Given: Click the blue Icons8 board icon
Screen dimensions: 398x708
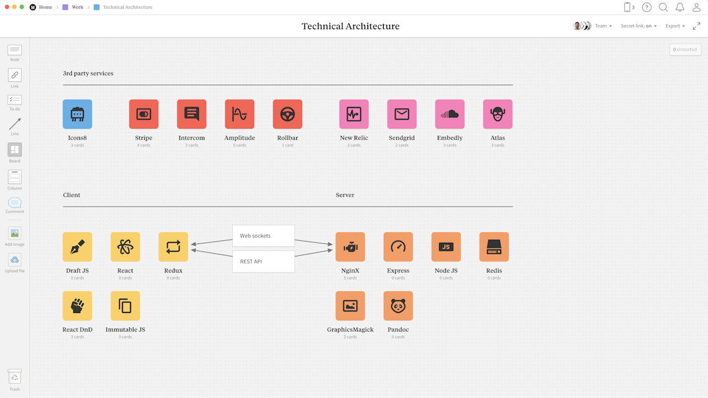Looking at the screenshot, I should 77,114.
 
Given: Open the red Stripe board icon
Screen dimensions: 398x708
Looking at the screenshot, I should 143,114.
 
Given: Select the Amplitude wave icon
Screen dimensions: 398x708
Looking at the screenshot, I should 240,114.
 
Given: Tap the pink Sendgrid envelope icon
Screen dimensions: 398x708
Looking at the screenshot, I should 402,114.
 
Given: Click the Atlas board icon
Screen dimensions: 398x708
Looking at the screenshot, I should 497,114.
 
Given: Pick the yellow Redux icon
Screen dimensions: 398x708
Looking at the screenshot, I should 173,247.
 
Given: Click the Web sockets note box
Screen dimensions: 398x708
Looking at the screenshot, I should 263,236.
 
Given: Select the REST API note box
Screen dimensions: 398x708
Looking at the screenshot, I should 263,261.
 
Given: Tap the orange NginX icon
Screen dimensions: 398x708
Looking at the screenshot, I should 350,247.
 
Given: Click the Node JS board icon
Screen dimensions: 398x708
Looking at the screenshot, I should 446,247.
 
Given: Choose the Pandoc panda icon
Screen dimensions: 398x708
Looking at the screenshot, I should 398,306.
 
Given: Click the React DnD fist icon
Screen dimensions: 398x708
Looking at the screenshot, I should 77,306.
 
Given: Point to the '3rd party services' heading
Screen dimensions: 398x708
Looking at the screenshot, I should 88,73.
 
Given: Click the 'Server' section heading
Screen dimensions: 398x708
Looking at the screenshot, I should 345,195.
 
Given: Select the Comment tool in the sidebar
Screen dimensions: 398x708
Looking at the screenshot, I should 15,204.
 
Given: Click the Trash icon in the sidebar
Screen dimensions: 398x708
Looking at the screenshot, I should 15,377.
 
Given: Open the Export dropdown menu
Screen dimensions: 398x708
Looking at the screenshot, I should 675,26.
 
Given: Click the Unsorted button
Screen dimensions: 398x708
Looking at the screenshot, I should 685,50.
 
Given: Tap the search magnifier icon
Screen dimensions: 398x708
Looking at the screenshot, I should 663,7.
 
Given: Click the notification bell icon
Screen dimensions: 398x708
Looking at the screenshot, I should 680,7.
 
